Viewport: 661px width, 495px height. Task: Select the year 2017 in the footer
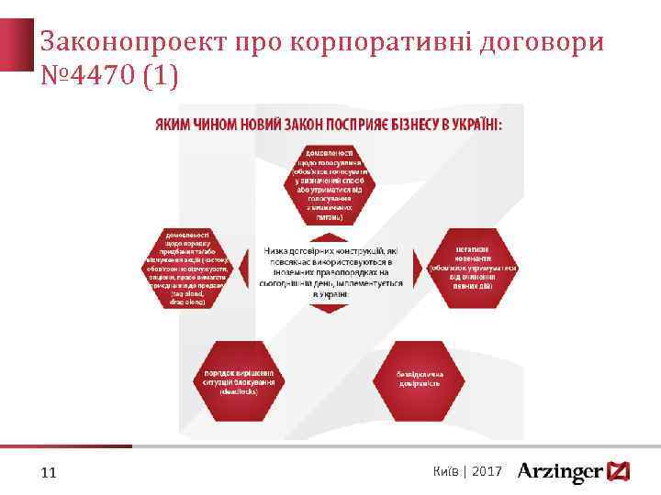tap(487, 470)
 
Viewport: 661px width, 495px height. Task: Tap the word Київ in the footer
tap(446, 470)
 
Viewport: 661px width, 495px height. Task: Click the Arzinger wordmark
tap(560, 472)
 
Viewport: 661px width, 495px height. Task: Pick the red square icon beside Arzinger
tap(620, 471)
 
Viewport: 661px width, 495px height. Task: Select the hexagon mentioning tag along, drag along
tap(192, 268)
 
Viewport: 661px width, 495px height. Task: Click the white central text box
tap(331, 270)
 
